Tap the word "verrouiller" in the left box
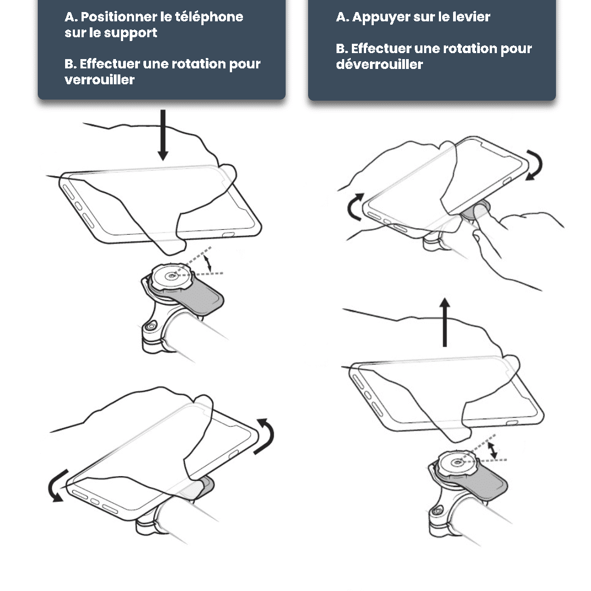(x=100, y=79)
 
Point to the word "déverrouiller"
(x=379, y=64)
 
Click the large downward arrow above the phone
(x=163, y=135)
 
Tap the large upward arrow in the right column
(x=445, y=322)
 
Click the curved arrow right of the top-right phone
(x=537, y=164)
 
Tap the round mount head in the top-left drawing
(x=172, y=277)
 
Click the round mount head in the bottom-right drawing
(x=457, y=462)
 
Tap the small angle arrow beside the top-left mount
(x=208, y=263)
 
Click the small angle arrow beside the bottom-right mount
(x=493, y=451)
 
